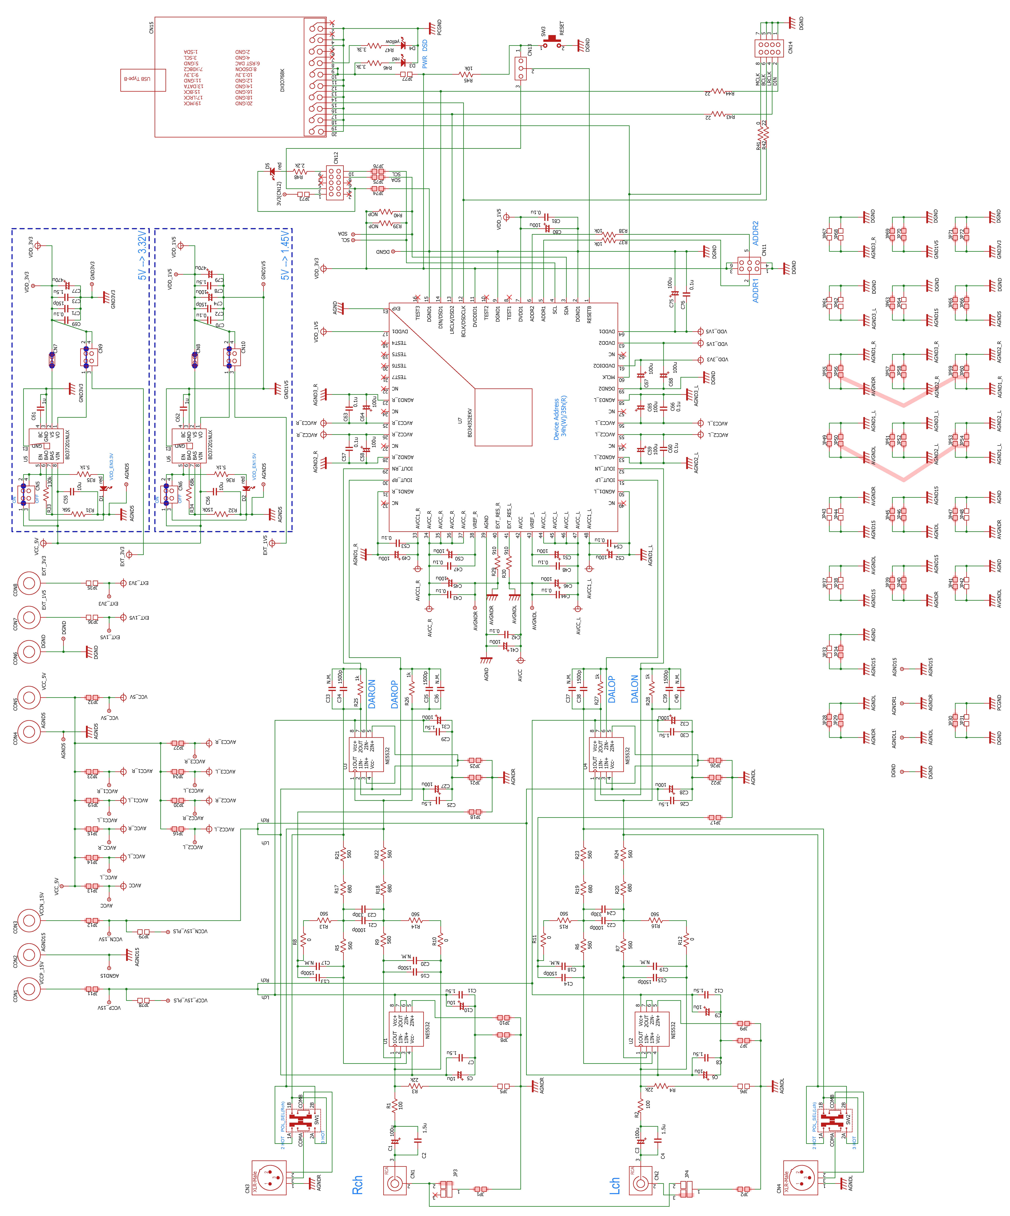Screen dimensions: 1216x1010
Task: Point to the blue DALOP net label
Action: [611, 689]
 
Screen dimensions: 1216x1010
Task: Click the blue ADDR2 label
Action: [755, 233]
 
